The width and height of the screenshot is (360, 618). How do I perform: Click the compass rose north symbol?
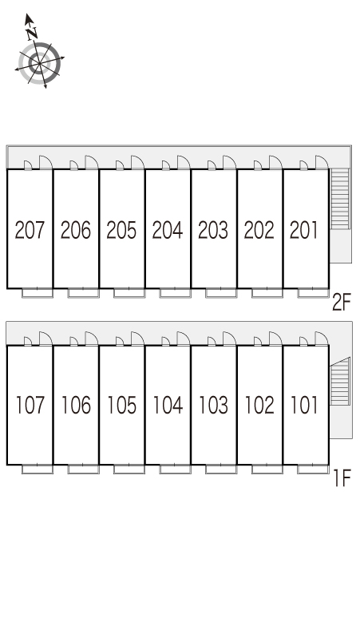click(39, 63)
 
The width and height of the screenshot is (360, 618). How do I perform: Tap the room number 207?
click(30, 230)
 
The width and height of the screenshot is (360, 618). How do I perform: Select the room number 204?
click(168, 230)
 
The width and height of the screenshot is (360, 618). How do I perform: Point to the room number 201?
click(303, 230)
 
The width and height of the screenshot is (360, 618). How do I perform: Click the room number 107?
click(30, 405)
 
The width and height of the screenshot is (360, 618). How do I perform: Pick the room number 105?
click(122, 405)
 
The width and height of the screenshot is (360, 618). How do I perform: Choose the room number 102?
click(259, 405)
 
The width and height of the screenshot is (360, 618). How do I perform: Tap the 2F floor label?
click(341, 303)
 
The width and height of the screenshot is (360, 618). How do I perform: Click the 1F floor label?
click(342, 478)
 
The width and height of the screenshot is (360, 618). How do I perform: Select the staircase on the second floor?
click(340, 199)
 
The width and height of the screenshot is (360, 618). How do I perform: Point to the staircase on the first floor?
click(340, 382)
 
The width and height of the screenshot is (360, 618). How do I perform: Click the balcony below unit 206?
click(84, 293)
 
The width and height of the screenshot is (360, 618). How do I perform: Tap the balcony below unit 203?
click(221, 293)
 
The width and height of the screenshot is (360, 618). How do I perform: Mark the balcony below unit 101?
click(313, 469)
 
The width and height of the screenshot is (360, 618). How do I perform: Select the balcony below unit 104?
click(176, 469)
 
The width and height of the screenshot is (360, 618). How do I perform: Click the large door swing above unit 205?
click(137, 162)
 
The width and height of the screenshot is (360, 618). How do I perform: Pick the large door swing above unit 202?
click(275, 162)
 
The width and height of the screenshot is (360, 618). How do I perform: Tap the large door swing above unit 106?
click(91, 339)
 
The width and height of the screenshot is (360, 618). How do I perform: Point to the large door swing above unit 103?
click(229, 339)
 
